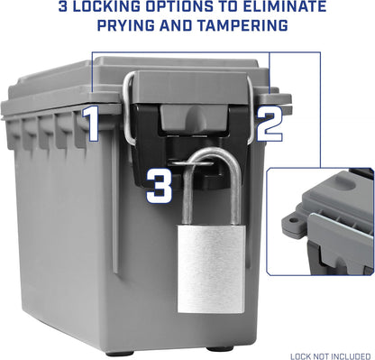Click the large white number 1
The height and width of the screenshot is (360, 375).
pyautogui.click(x=92, y=124)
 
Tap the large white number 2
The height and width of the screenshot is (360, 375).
pyautogui.click(x=269, y=123)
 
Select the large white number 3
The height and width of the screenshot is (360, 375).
pyautogui.click(x=159, y=185)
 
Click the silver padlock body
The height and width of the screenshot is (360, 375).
pyautogui.click(x=211, y=269)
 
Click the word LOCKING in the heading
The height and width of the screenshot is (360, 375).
pyautogui.click(x=107, y=6)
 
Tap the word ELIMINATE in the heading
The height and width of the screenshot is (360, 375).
pyautogui.click(x=285, y=6)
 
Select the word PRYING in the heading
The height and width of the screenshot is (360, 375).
pyautogui.click(x=126, y=25)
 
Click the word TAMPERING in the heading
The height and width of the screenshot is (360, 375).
pyautogui.click(x=242, y=25)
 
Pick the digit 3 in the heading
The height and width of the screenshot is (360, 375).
pyautogui.click(x=63, y=6)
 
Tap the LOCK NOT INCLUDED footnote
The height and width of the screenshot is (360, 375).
pyautogui.click(x=330, y=356)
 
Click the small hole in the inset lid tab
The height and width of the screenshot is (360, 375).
pyautogui.click(x=294, y=220)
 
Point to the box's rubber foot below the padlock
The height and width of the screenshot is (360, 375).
pyautogui.click(x=219, y=350)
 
